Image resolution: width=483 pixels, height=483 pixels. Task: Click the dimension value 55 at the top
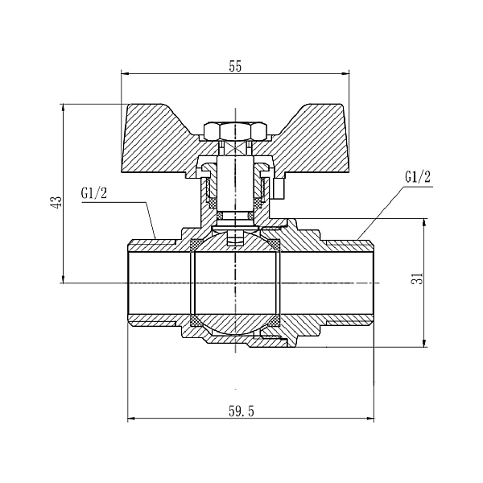(x=235, y=68)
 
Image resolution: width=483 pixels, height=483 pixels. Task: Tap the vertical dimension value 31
(x=417, y=278)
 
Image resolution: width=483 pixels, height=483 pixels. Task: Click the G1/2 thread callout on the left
(x=94, y=193)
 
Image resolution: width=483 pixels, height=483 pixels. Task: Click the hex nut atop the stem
(x=235, y=130)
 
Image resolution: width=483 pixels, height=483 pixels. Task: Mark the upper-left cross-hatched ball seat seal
(x=196, y=244)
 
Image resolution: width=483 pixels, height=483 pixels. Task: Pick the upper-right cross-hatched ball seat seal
(x=275, y=244)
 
